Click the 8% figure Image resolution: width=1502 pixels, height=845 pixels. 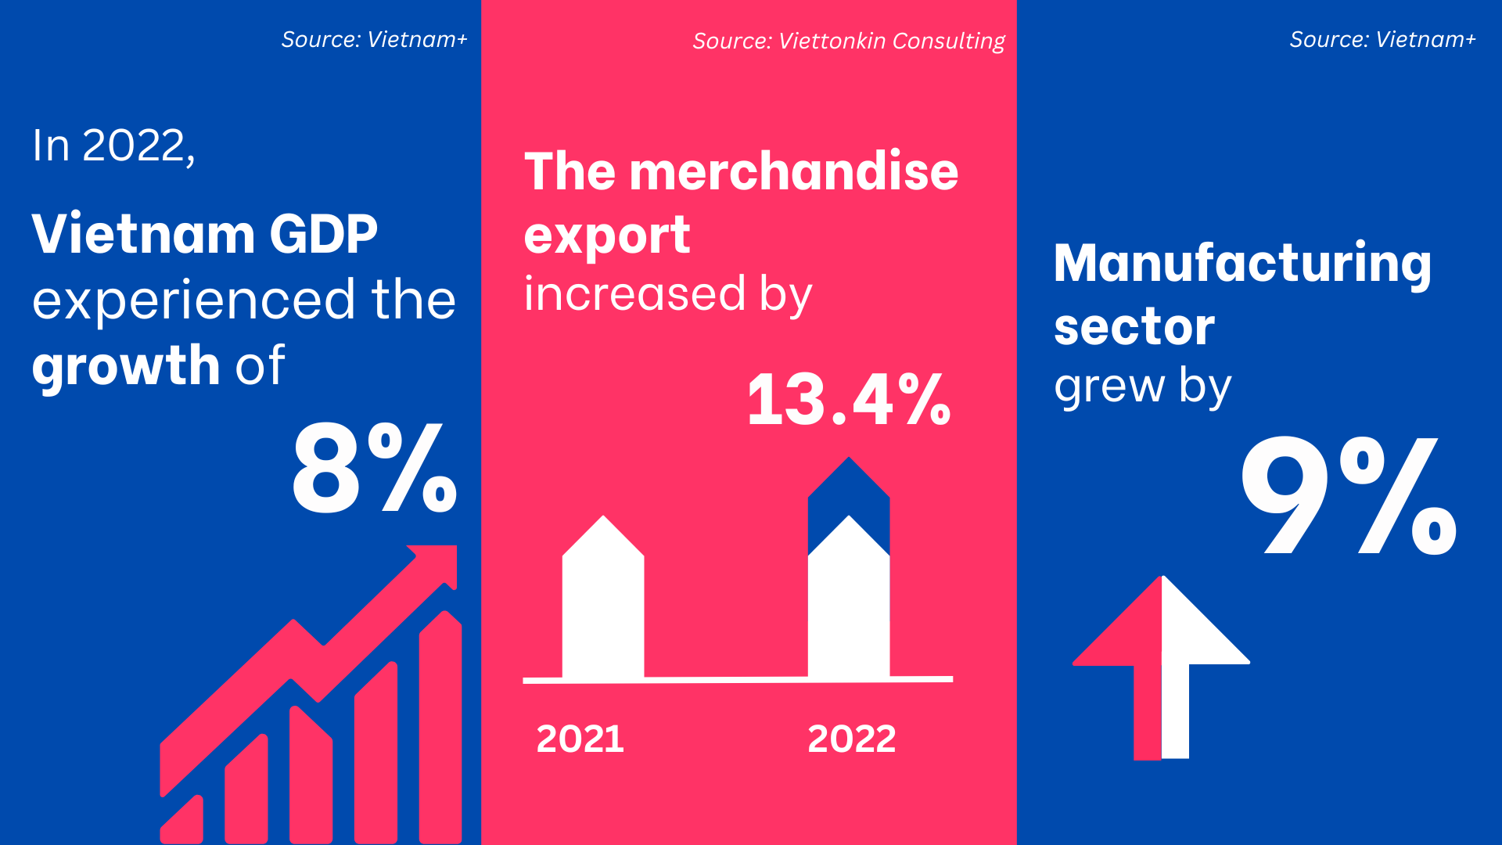tap(375, 468)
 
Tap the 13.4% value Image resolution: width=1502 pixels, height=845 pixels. tap(849, 400)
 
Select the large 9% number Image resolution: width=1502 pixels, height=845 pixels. tap(1349, 495)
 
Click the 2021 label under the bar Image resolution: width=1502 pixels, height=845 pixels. tap(580, 739)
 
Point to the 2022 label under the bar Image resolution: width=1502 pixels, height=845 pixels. tap(851, 739)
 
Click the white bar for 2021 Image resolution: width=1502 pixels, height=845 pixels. tap(603, 596)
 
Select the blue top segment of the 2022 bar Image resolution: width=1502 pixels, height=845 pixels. tap(849, 501)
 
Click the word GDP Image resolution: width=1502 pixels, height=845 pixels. tap(323, 234)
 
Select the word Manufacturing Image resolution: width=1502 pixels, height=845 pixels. tap(1243, 264)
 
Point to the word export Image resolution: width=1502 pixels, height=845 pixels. tap(607, 236)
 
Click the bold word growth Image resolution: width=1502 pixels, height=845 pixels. tap(126, 365)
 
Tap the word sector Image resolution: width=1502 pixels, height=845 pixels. tap(1134, 326)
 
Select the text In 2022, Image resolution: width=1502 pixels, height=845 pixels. tap(113, 146)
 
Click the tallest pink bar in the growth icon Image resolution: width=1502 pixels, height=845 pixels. tap(440, 727)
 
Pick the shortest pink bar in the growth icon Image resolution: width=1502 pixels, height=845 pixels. tap(182, 820)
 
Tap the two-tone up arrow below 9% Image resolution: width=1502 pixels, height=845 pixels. tap(1162, 667)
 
